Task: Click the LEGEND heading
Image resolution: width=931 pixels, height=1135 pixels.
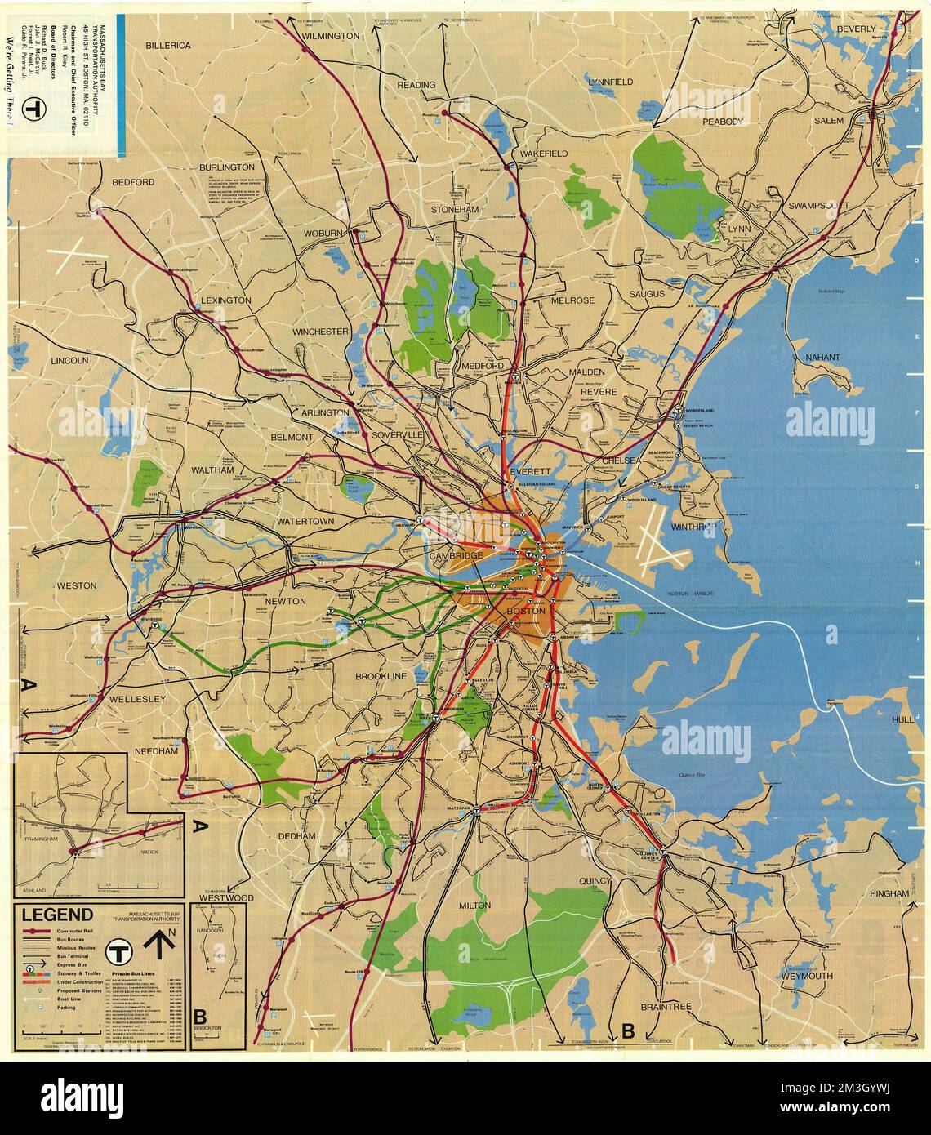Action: click(x=57, y=915)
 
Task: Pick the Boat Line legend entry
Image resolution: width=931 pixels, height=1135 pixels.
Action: click(x=69, y=997)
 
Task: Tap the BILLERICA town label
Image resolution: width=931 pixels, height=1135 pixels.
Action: click(x=168, y=46)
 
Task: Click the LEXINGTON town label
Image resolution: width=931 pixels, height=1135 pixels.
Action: click(x=228, y=300)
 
